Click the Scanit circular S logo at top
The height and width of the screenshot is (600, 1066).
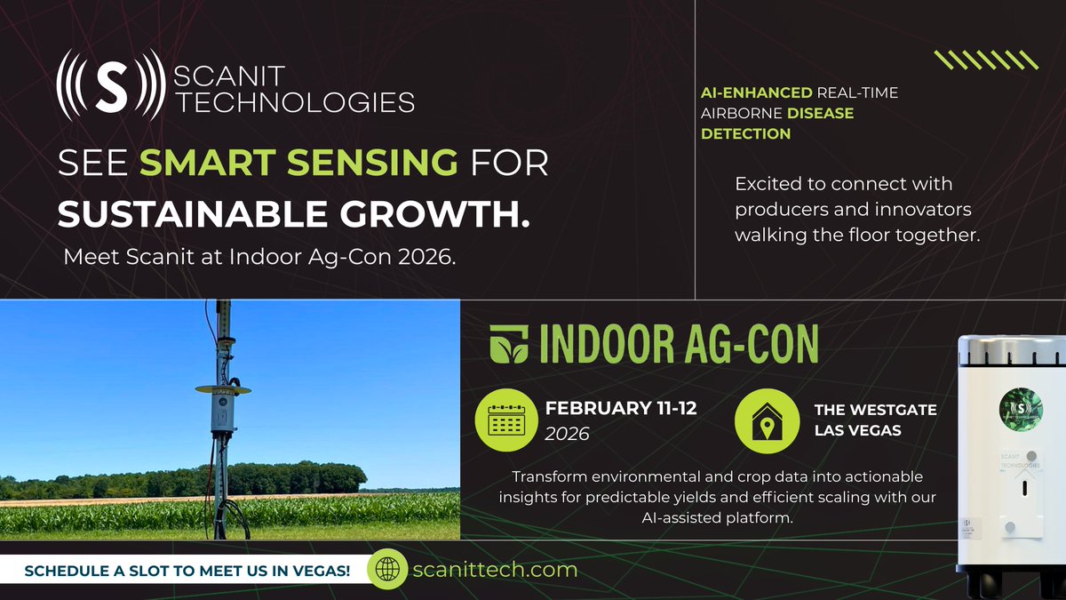(x=110, y=84)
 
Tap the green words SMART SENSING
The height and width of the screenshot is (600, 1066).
(x=299, y=164)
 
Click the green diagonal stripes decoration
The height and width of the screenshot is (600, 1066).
(x=986, y=60)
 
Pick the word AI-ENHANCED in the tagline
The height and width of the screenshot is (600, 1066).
(x=756, y=92)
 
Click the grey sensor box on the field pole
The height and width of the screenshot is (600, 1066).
(x=219, y=412)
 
